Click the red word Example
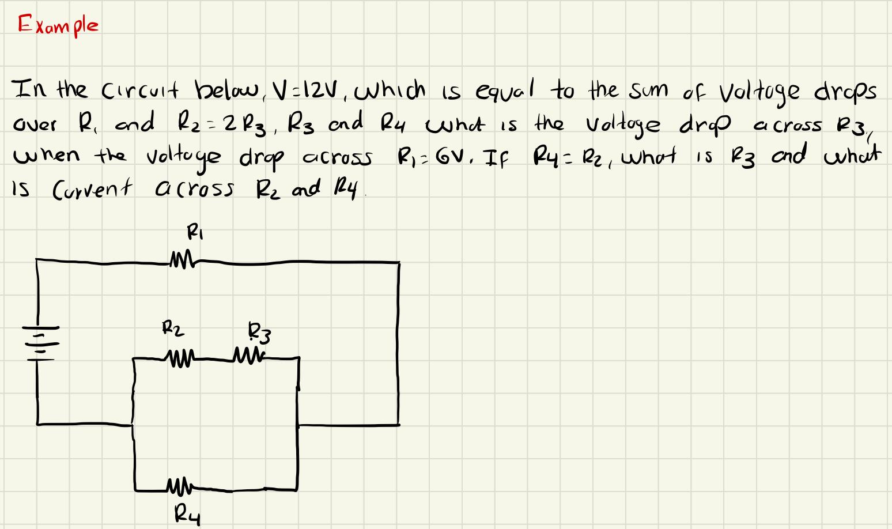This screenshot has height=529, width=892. tap(58, 25)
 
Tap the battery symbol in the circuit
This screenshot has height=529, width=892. tap(39, 343)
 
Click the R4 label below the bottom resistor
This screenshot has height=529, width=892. tap(187, 512)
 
